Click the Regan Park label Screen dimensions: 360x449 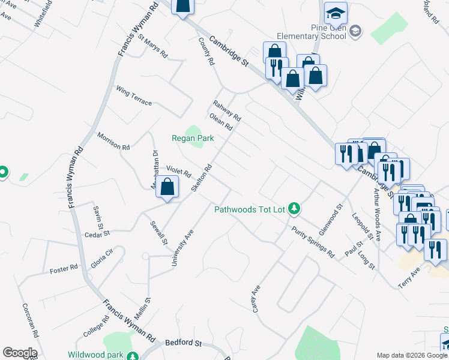[x=193, y=138]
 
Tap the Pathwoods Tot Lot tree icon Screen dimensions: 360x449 [x=294, y=209]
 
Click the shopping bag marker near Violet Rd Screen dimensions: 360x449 [x=169, y=187]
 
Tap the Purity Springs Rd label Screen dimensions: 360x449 [x=313, y=242]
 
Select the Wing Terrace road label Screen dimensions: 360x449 [x=134, y=95]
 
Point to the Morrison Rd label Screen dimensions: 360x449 [x=113, y=142]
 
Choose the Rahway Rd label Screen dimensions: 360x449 [x=226, y=110]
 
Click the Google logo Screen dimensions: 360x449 [x=20, y=353]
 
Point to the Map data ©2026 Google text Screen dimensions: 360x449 [x=412, y=355]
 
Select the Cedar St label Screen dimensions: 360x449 [x=97, y=233]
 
